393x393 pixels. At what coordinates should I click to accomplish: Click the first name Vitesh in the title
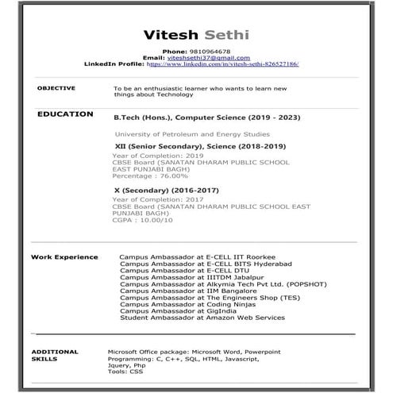pyautogui.click(x=169, y=35)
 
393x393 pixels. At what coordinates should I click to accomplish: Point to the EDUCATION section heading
pyautogui.click(x=65, y=114)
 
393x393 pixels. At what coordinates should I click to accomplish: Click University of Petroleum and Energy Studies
pyautogui.click(x=192, y=134)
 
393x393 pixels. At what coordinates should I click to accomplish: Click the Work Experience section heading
pyautogui.click(x=64, y=257)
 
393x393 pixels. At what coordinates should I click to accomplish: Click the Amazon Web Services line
pyautogui.click(x=202, y=318)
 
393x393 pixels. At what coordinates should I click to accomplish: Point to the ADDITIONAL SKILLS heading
pyautogui.click(x=54, y=354)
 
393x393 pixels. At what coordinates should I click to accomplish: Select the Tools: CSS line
pyautogui.click(x=125, y=371)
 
